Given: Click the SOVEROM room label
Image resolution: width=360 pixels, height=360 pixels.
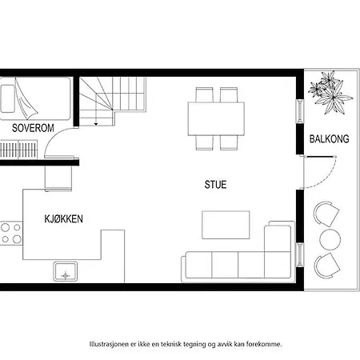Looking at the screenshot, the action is [33, 128].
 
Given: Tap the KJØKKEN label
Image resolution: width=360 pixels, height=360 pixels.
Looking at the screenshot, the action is [63, 219].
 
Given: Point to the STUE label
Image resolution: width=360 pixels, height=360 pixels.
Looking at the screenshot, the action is [215, 185].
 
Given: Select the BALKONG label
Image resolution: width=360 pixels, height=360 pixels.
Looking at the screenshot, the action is [329, 139].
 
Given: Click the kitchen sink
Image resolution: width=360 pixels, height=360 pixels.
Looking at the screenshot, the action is [66, 271].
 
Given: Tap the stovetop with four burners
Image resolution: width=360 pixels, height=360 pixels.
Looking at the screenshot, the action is [11, 233].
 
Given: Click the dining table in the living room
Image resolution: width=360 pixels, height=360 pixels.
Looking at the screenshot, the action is [216, 119].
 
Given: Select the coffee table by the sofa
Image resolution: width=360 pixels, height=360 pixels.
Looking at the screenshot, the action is [226, 225].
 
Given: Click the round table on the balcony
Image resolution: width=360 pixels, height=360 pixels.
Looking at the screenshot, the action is [330, 239].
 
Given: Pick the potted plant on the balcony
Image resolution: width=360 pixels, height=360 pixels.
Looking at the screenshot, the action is [330, 93].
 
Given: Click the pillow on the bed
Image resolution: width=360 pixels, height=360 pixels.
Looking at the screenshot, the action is [7, 98].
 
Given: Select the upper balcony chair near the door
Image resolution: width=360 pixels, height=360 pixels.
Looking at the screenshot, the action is [326, 214].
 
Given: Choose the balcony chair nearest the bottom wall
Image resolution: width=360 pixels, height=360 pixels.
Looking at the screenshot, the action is [326, 266].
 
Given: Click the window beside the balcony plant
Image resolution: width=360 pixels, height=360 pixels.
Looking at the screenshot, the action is [300, 111].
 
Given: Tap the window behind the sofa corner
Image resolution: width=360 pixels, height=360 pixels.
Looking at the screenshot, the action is [300, 254].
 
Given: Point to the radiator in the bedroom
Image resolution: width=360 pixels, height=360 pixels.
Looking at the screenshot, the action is [18, 150].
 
